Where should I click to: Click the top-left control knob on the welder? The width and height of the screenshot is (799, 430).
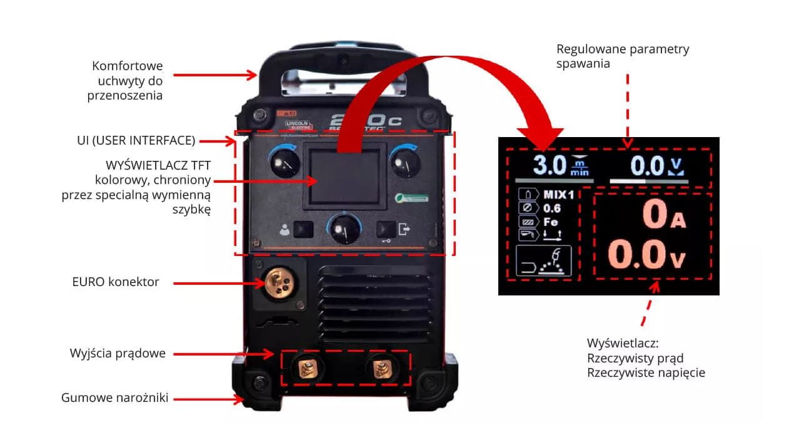284,163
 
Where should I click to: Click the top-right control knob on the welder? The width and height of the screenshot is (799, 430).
405,163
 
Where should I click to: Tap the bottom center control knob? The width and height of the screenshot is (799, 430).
344,229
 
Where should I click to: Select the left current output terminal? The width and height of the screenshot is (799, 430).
307,369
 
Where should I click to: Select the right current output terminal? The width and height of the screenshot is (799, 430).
381,369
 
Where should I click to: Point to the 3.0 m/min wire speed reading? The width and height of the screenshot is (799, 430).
560,166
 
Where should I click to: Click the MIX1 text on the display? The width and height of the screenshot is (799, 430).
558,195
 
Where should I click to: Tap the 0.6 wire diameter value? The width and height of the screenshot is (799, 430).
552,208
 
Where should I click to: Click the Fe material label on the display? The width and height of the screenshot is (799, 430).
550,222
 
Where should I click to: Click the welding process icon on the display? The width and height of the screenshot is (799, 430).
546,262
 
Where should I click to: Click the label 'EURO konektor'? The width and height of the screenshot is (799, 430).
116,282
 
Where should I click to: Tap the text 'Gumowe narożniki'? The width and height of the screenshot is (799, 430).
115,397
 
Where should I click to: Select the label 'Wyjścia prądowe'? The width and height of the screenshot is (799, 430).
118,354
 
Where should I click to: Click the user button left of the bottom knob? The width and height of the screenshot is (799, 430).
303,229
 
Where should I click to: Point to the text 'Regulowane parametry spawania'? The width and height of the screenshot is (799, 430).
622,56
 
